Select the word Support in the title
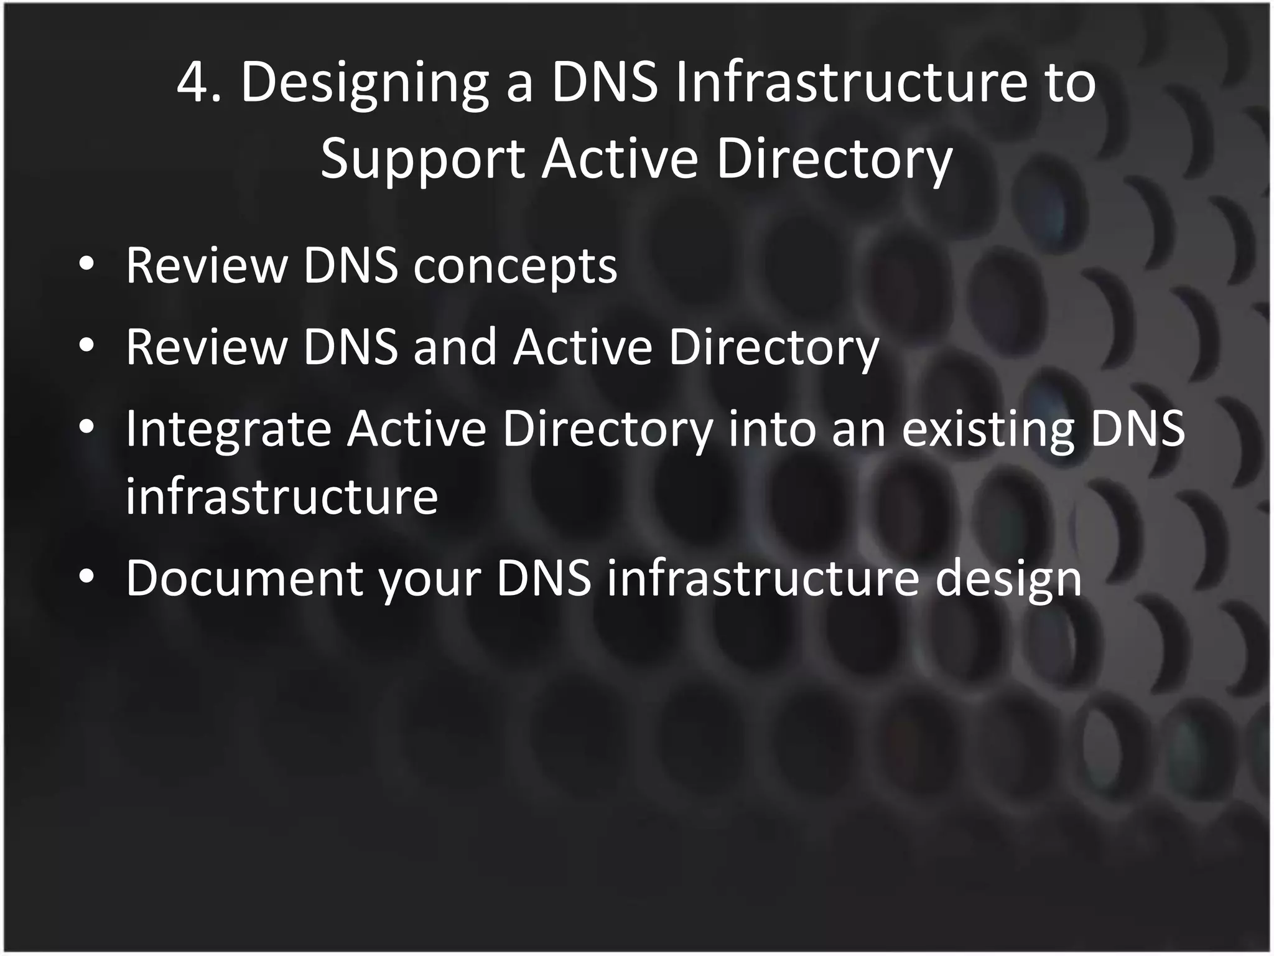(422, 159)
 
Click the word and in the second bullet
(455, 347)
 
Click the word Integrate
(228, 430)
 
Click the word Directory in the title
(834, 159)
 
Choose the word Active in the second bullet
(583, 347)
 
